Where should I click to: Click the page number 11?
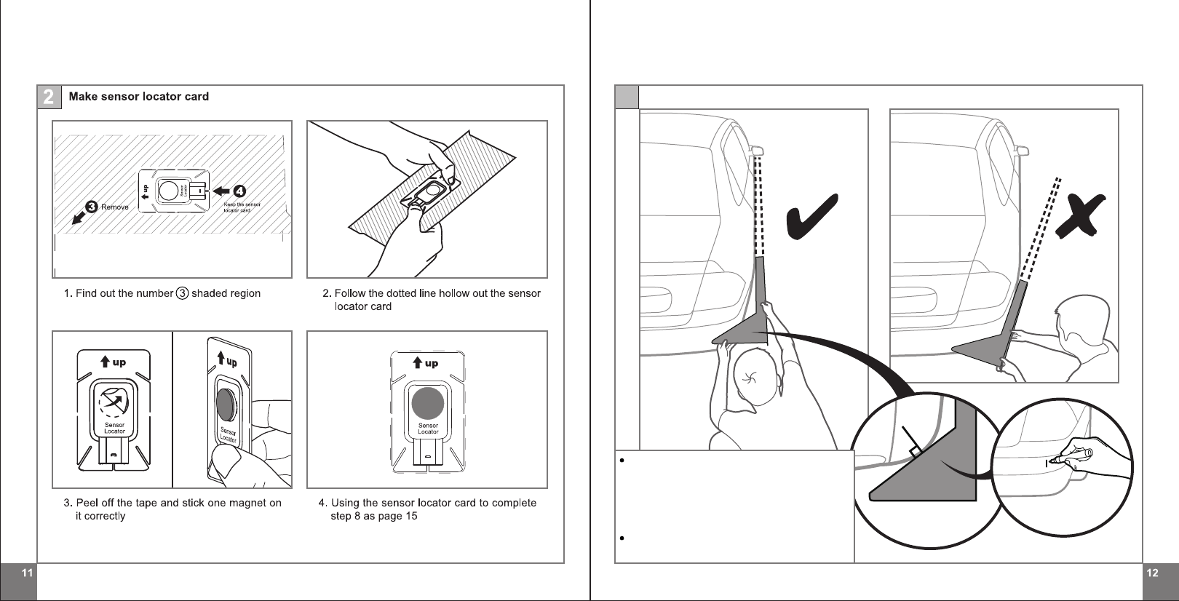26,573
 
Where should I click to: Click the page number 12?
1152,573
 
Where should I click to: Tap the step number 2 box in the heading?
49,97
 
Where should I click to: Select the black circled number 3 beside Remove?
92,207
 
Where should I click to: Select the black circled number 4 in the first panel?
239,191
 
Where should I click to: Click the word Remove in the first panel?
115,207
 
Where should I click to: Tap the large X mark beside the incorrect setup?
1080,216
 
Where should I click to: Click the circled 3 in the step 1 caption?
182,293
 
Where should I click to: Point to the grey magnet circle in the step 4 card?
427,403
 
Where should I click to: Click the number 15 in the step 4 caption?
411,516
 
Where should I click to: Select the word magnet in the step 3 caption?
250,503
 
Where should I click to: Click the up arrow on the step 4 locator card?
417,362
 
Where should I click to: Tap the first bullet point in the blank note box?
622,461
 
